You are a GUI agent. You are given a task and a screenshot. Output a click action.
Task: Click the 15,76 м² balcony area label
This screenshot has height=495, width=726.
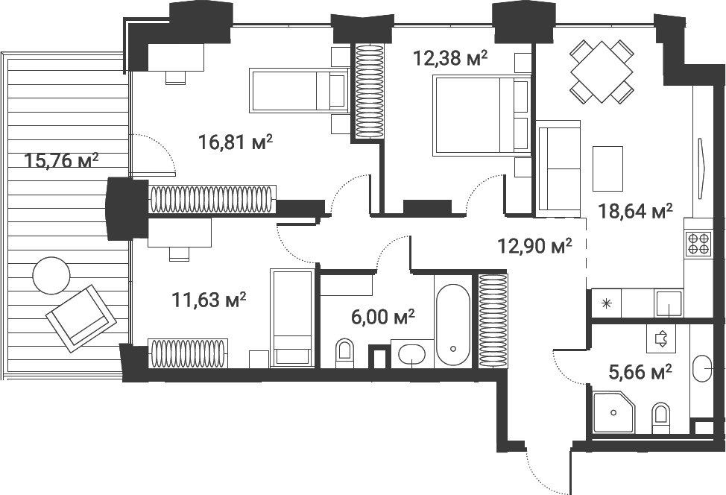point(62,161)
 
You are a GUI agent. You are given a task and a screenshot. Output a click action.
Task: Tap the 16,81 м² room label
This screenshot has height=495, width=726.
point(235,142)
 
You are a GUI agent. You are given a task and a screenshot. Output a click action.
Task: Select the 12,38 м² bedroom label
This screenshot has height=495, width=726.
point(450,58)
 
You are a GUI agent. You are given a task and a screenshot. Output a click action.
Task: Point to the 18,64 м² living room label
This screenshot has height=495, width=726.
point(635,211)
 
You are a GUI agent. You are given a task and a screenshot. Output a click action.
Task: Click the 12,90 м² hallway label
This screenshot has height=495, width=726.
point(534,246)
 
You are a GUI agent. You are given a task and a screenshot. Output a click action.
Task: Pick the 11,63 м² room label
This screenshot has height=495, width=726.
point(209,300)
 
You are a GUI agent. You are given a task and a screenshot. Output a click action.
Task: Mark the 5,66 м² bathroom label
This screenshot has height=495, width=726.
point(640,371)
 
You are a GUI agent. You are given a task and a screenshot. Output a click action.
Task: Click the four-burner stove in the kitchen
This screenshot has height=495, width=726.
point(698,244)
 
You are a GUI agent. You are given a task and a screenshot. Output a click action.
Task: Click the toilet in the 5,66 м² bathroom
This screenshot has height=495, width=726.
point(660,418)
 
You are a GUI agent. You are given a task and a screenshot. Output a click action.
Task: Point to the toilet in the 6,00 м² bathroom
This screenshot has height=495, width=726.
point(344,353)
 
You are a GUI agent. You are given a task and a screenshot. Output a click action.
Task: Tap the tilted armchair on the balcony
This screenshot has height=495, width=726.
point(81,318)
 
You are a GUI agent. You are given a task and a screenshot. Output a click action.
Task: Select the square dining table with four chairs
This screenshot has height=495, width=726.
point(602,72)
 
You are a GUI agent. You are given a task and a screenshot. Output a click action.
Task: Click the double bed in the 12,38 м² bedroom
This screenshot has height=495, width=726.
point(481,114)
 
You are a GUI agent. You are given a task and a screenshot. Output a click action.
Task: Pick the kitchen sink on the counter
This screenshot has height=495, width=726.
point(668,303)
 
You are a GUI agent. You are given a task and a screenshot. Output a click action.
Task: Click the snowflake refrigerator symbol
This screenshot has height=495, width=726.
point(606,303)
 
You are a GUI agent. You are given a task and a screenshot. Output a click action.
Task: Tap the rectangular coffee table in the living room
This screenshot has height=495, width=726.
point(608,168)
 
